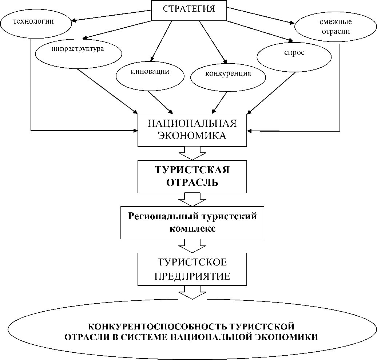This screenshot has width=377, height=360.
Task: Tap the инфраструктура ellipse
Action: point(79,51)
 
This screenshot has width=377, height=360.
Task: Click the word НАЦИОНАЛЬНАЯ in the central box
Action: point(192,123)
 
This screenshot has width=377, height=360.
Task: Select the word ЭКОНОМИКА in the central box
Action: point(192,136)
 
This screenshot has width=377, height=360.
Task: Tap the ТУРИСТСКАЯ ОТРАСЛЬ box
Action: point(192,176)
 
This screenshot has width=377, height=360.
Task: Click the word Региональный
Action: point(160,217)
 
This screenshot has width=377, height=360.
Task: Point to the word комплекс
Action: point(193,229)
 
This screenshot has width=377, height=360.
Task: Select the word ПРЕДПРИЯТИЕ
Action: point(192,276)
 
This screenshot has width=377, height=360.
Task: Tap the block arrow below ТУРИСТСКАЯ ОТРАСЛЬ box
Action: point(192,199)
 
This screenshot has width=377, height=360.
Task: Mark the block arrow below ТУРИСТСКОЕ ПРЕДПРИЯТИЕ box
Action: point(192,292)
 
